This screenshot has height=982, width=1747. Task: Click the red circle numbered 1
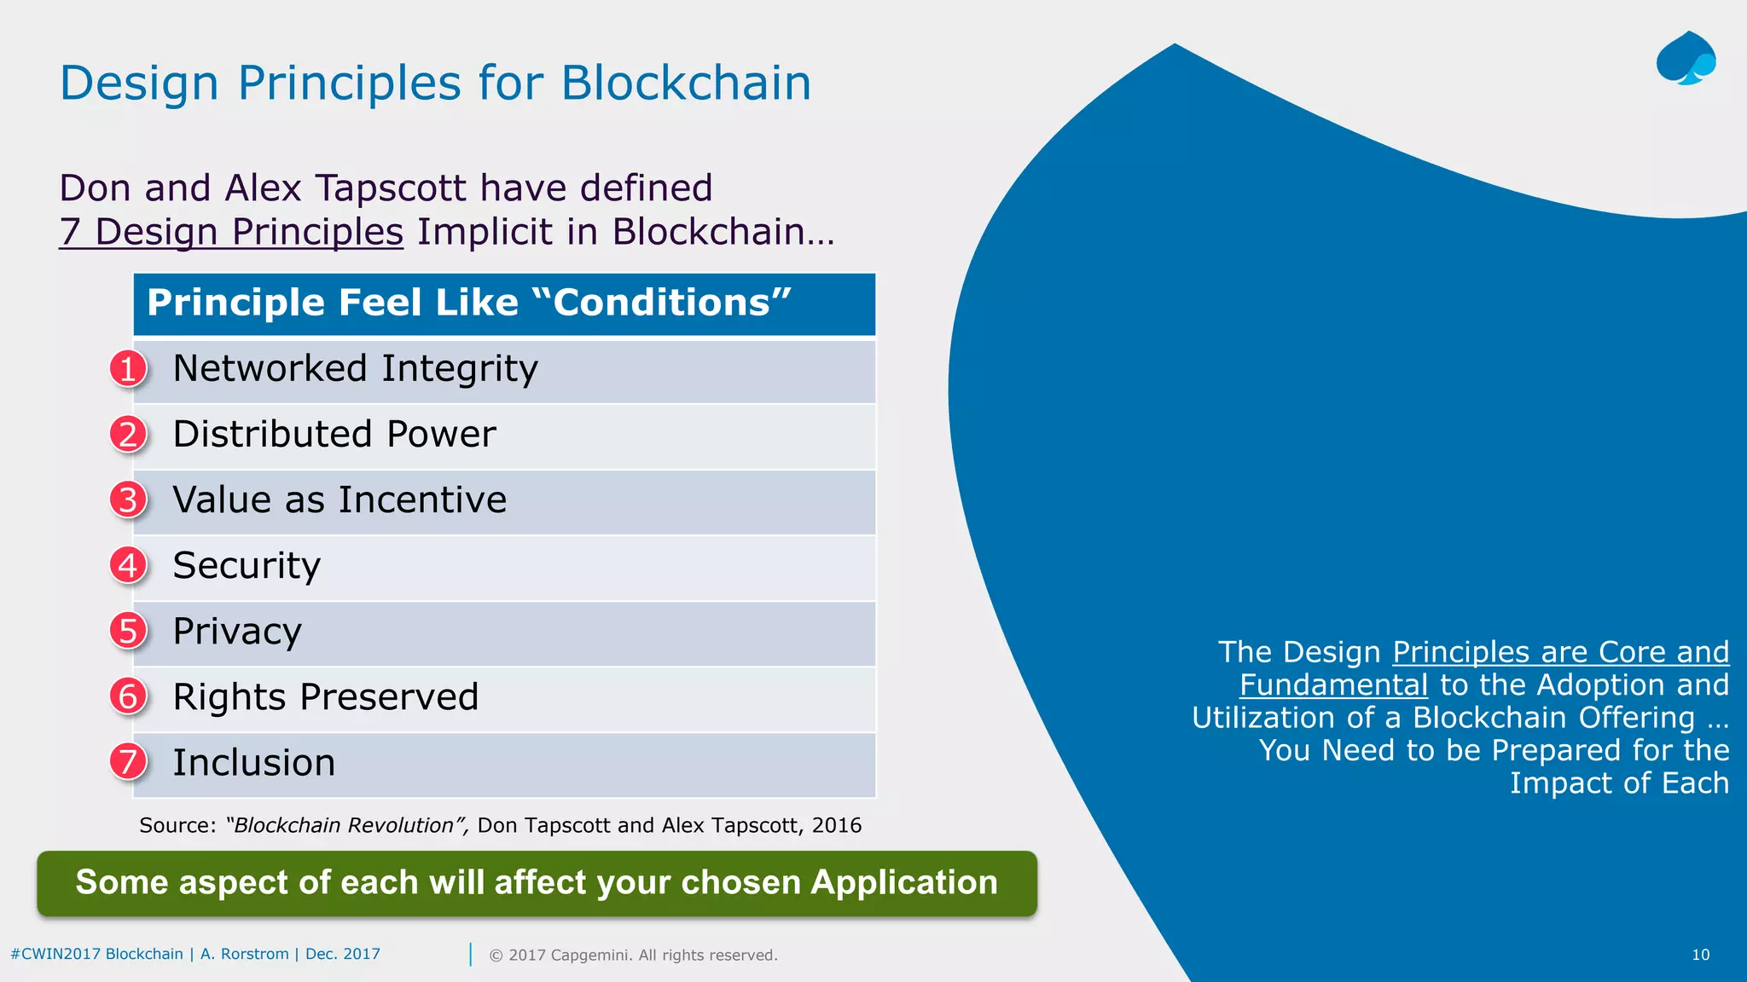(x=128, y=369)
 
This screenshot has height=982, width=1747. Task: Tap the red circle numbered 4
(x=128, y=565)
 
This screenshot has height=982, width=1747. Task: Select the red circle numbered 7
(x=128, y=762)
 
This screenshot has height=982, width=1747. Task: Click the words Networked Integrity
(x=355, y=369)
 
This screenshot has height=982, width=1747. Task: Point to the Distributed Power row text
(x=334, y=435)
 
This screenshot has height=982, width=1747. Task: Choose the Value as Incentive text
(x=340, y=500)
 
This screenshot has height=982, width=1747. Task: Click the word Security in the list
(x=247, y=566)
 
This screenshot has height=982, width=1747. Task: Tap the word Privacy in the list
(x=237, y=632)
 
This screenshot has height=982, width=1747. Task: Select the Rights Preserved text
(x=325, y=697)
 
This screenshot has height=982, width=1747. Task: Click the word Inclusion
(x=254, y=763)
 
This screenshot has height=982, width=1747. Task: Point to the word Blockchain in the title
(x=686, y=84)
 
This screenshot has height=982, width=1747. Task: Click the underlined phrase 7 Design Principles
(x=231, y=232)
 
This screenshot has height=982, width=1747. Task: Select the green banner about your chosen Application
(x=537, y=883)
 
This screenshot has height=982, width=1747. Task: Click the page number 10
(x=1700, y=955)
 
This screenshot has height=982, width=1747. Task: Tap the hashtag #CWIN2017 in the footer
(x=55, y=954)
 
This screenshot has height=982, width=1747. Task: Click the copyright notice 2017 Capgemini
(x=633, y=955)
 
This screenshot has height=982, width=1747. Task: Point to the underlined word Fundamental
(x=1333, y=685)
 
